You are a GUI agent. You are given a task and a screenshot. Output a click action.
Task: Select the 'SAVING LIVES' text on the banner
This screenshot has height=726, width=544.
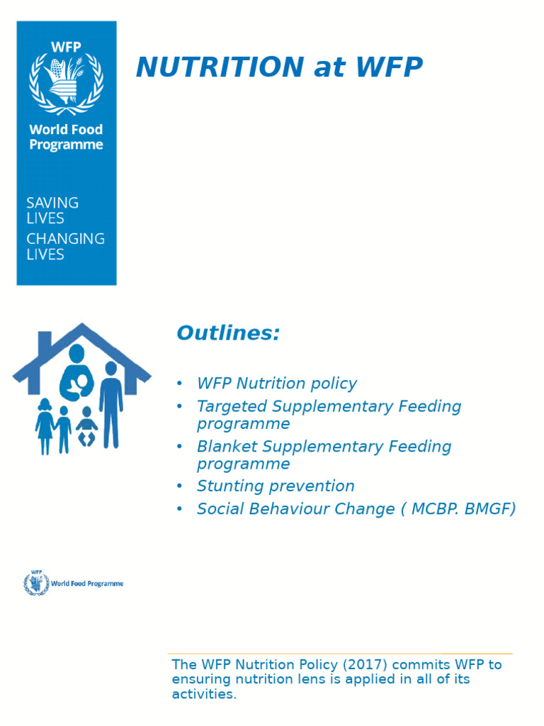(52, 211)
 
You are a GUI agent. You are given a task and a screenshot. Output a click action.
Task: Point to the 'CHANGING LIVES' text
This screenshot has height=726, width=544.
(65, 246)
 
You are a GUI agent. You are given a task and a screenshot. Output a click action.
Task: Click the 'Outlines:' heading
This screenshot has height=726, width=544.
(228, 333)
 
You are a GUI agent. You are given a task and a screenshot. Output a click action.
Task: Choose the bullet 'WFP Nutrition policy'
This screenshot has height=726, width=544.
(276, 384)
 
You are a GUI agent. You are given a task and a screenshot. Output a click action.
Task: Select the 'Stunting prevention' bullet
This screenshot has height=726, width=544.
(276, 486)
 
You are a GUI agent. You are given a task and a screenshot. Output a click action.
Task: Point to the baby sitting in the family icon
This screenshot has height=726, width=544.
(86, 428)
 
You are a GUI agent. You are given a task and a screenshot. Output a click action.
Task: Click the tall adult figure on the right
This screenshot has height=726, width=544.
(110, 404)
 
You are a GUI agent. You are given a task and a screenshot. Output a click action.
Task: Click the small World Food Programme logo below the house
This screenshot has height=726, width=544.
(74, 583)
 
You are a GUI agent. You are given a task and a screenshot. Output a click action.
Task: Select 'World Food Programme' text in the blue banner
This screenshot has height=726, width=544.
(66, 137)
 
